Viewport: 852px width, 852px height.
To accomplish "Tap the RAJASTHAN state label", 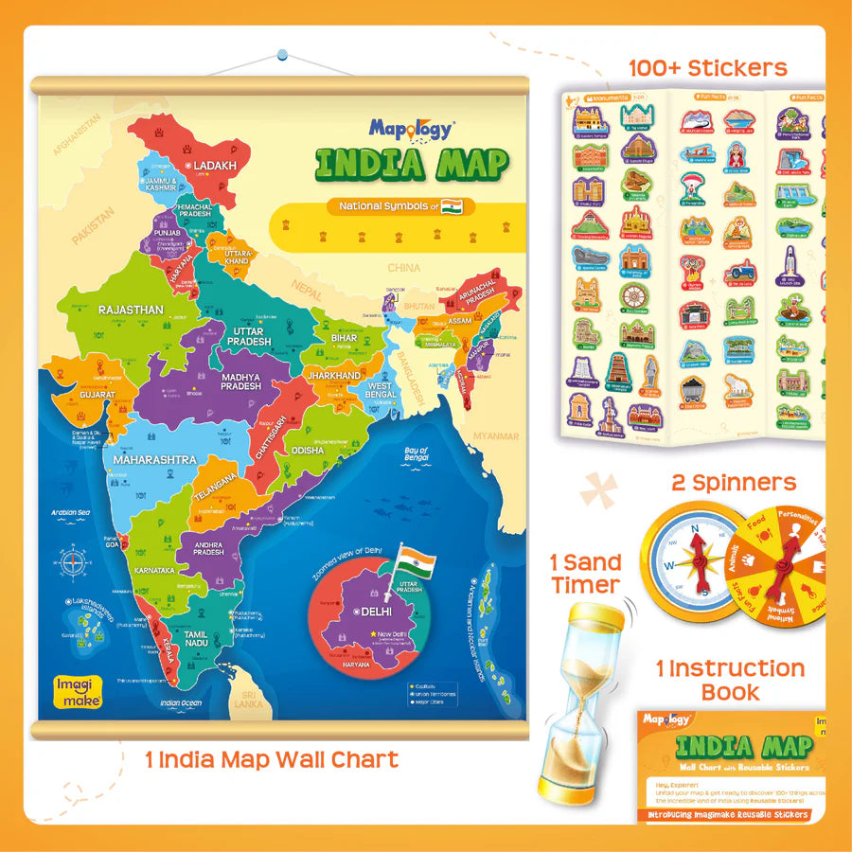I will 131,310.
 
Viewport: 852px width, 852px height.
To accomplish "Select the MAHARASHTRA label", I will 154,459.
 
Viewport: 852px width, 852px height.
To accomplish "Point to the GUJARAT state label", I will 98,394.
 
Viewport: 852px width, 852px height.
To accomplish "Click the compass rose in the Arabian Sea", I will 74,563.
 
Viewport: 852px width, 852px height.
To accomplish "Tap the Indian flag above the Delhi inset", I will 412,560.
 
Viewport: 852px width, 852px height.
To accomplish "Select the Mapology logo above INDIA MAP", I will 412,129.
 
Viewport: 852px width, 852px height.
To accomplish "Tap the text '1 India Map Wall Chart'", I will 272,758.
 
